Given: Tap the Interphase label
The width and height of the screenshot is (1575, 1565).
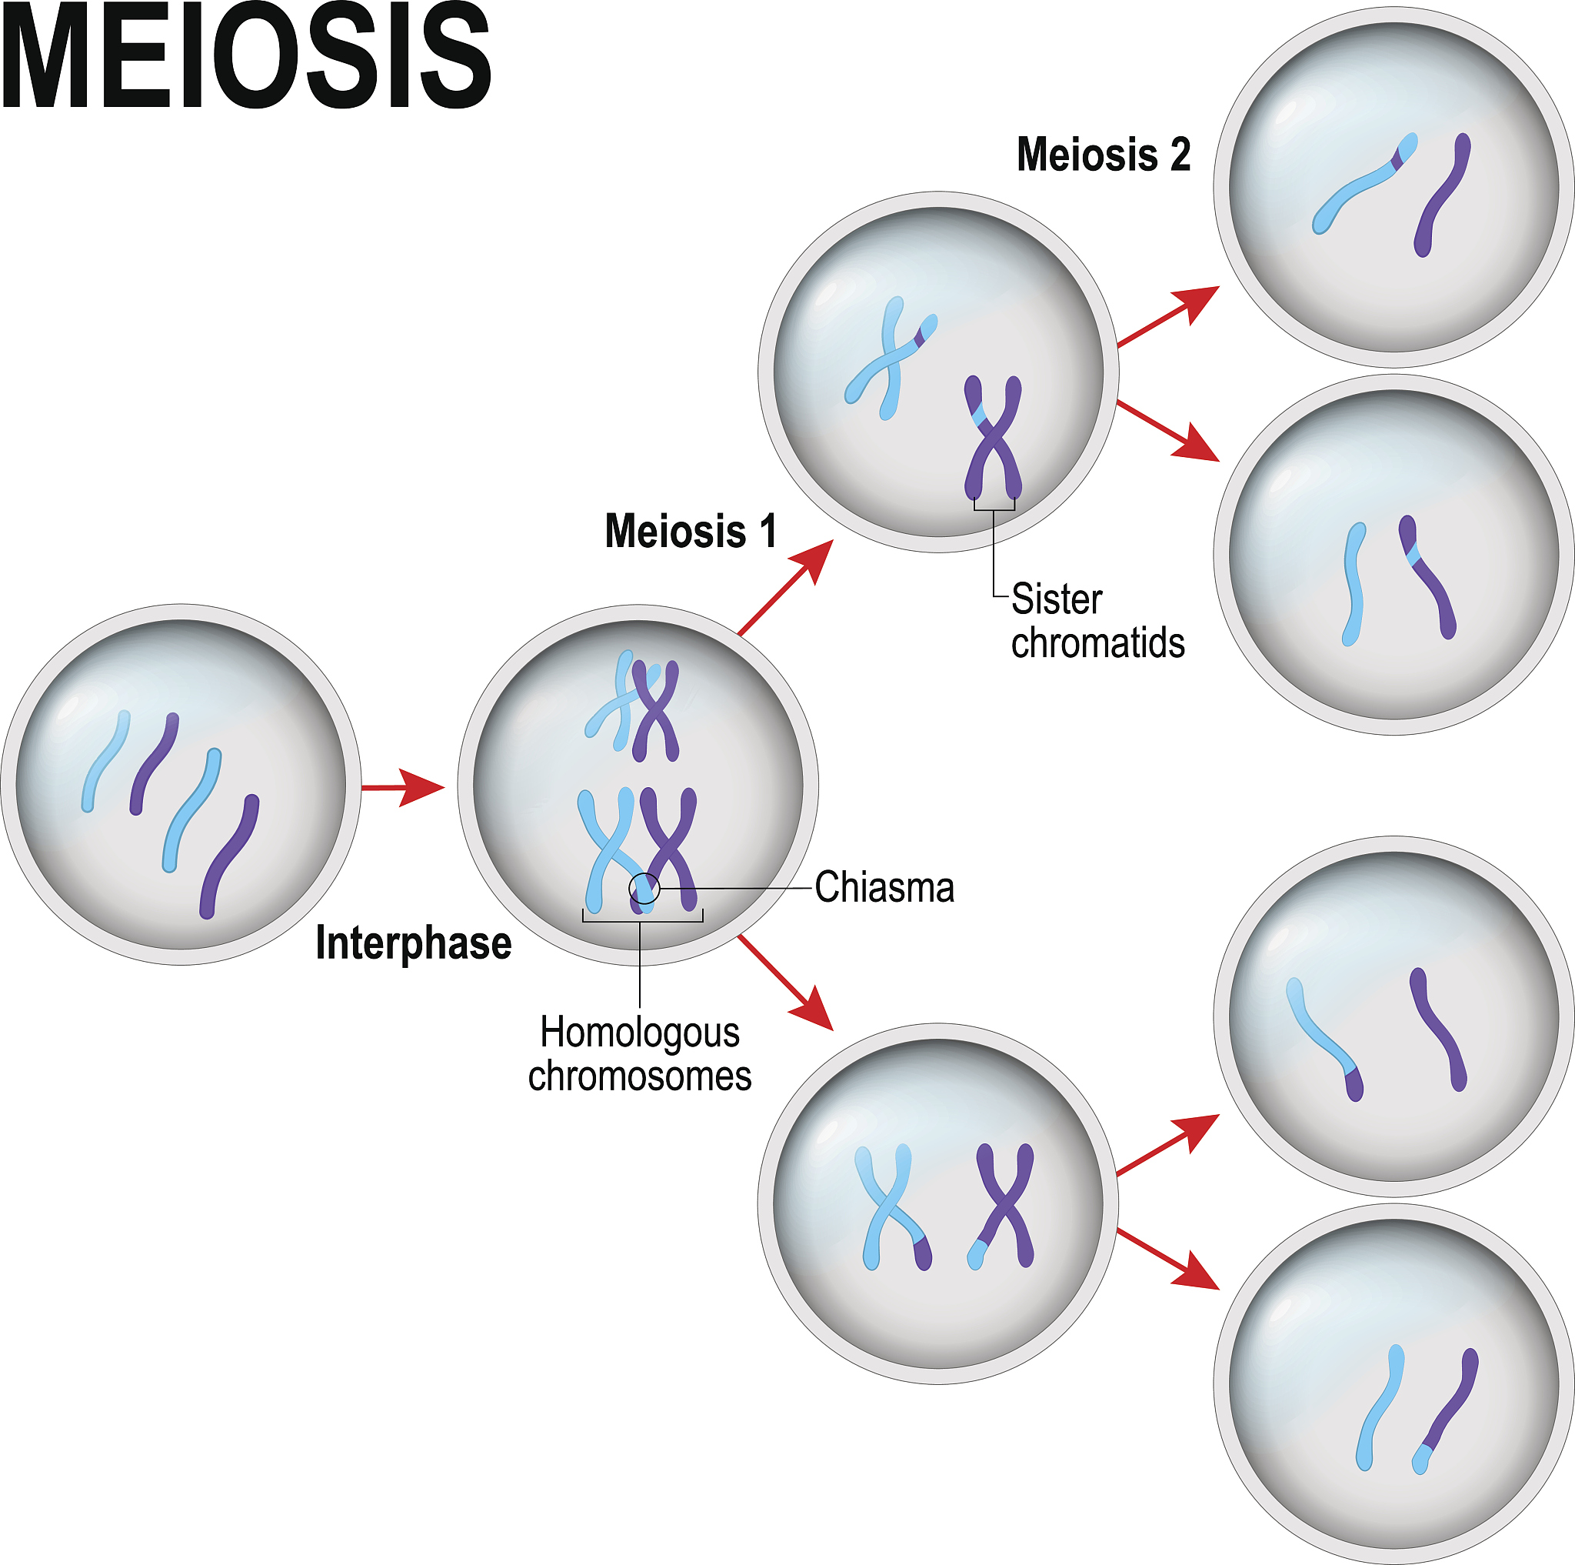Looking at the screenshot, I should coord(413,943).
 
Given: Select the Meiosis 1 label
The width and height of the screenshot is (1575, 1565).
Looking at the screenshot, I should coord(691,531).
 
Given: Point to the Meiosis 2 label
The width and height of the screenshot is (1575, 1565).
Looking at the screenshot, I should coord(1103,154).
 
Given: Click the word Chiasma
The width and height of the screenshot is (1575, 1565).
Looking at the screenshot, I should coord(884,887).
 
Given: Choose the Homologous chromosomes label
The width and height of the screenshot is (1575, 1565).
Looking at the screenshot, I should coord(640,1054).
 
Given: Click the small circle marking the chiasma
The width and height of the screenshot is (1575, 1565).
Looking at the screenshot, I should coord(644,888).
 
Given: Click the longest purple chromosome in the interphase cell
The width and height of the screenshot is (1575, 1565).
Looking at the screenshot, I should coord(230,856).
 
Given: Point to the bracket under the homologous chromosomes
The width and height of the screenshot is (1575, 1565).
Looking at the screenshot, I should coord(642,918).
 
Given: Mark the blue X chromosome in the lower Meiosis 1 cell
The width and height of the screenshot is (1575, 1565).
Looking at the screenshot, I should coord(892,1208).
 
